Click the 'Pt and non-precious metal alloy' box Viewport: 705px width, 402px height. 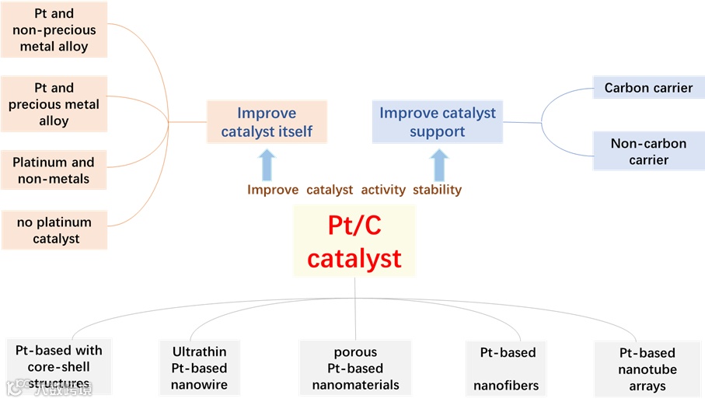point(54,30)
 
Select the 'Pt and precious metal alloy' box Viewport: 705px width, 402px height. point(54,104)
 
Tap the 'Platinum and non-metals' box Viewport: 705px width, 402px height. point(54,170)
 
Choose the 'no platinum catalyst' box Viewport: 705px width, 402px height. point(54,230)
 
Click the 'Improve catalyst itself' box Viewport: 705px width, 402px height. point(267,122)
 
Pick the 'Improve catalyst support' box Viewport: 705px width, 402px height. point(437,122)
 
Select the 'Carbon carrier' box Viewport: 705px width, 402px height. point(648,88)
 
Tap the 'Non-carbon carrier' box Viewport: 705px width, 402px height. point(648,151)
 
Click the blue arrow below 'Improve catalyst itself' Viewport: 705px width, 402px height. point(267,165)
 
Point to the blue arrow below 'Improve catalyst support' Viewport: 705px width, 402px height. point(439,165)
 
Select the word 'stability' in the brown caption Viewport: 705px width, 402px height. point(438,190)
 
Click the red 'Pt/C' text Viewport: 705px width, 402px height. point(354,225)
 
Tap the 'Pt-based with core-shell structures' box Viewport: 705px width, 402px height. point(59,367)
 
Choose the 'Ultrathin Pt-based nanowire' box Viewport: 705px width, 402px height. point(199,368)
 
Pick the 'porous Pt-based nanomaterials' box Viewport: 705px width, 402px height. point(355,368)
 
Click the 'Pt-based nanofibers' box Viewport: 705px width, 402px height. point(508,368)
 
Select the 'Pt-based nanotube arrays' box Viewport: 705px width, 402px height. point(647,369)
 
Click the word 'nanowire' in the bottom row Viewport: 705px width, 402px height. point(199,384)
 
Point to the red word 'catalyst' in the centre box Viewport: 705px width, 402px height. point(354,258)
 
